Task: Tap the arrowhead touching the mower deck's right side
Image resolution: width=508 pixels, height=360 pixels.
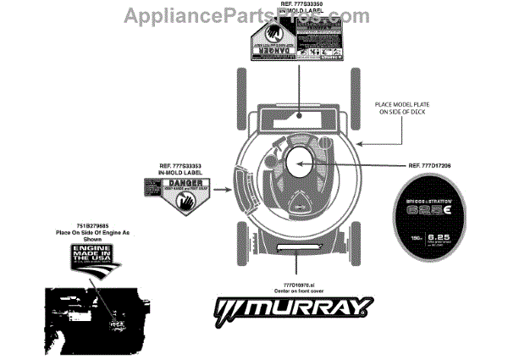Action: pos(362,144)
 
